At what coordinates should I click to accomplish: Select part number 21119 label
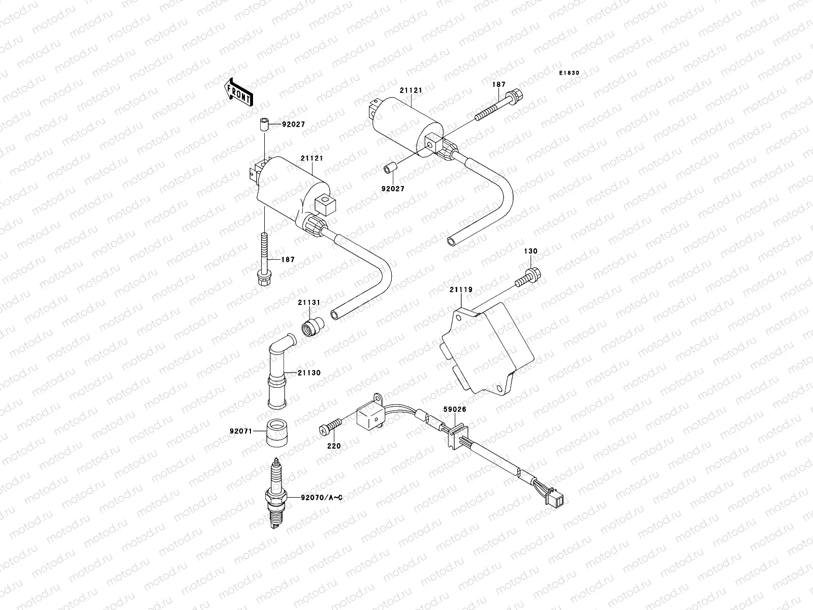(460, 290)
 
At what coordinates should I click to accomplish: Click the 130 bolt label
(530, 251)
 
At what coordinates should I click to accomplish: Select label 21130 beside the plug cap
(309, 373)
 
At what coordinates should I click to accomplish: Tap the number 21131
(308, 302)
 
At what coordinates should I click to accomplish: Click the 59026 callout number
(454, 409)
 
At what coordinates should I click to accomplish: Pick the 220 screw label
(334, 446)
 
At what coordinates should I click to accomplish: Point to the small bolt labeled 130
(527, 277)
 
